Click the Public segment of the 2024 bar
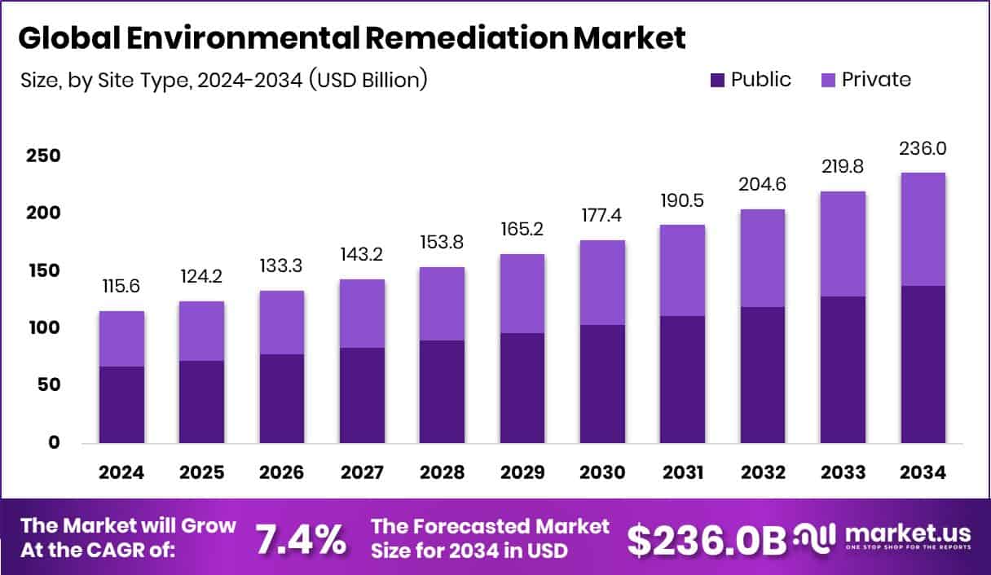(x=121, y=405)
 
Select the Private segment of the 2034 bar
(x=923, y=229)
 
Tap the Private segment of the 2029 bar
(x=522, y=293)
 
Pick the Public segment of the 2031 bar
(x=682, y=380)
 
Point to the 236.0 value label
(x=923, y=149)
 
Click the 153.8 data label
(x=443, y=243)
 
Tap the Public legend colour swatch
(x=717, y=80)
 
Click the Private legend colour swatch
(x=828, y=80)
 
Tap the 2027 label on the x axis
(x=362, y=473)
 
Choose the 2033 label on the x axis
(x=843, y=473)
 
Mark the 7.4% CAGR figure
(x=300, y=538)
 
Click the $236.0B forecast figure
(x=706, y=538)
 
